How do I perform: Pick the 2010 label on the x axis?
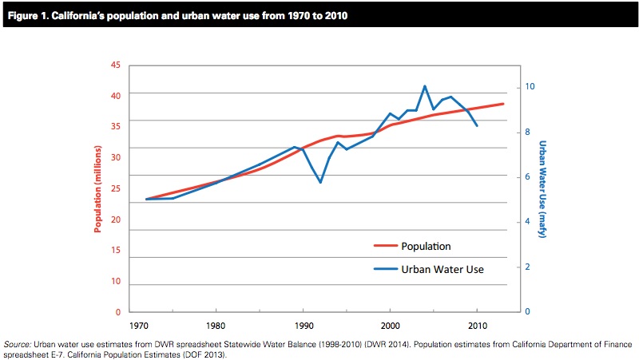click(477, 326)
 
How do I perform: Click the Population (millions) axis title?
click(98, 188)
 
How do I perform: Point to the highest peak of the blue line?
click(425, 85)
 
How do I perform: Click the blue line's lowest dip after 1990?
click(320, 183)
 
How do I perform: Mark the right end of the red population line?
click(503, 104)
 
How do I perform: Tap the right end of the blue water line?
click(477, 125)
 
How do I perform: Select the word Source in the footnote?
click(17, 344)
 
